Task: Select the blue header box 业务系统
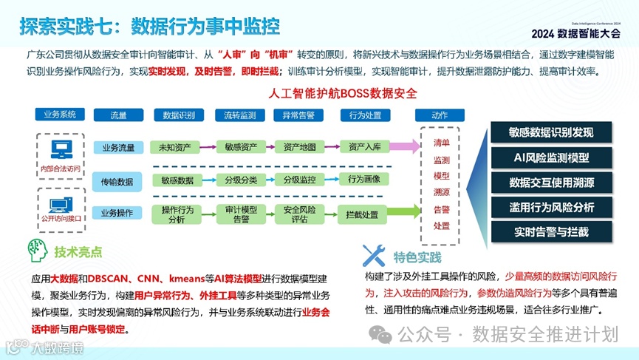tap(61, 115)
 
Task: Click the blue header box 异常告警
tap(299, 115)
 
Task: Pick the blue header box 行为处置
tap(362, 115)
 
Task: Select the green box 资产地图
tap(299, 147)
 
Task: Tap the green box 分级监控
tap(299, 180)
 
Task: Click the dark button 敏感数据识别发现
tap(551, 133)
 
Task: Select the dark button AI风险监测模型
tap(551, 158)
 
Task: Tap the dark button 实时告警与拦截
tap(551, 231)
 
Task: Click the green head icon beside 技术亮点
tap(38, 251)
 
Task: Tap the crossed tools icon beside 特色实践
tap(373, 255)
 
